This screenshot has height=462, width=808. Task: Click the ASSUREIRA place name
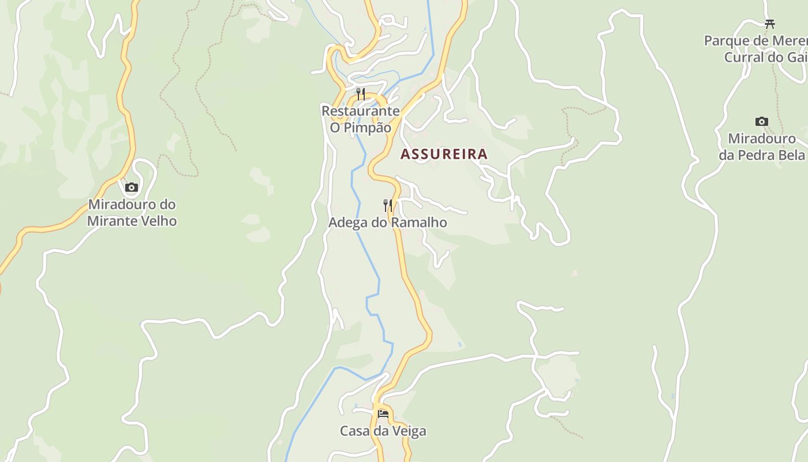pos(444,154)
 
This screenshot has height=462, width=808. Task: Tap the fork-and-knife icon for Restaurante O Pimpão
pos(361,94)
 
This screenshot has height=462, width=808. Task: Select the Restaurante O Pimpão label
pos(360,119)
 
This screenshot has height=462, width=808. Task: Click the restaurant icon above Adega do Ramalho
pos(388,205)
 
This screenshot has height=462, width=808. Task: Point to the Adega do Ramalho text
pos(387,222)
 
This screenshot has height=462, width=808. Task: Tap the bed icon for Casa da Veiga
pos(383,413)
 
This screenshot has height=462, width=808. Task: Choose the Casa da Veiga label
pos(383,431)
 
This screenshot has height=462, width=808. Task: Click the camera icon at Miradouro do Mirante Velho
pos(132,187)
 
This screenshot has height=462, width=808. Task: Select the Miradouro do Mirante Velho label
pos(132,213)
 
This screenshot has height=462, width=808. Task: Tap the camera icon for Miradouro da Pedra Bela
pos(761,121)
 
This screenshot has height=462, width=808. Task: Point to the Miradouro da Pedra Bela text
pos(761,147)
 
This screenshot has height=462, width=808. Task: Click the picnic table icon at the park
pos(769,24)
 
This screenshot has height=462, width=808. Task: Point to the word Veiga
pos(407,431)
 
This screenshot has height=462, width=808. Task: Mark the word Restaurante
pos(360,111)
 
